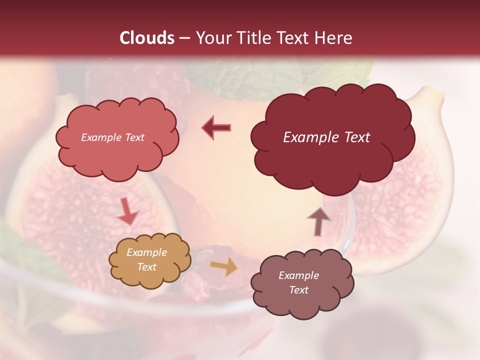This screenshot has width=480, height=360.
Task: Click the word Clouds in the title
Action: (147, 38)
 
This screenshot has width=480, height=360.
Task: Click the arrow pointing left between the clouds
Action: (216, 127)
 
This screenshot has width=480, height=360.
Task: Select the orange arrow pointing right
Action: (224, 266)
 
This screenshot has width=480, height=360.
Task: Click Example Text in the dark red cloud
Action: (326, 137)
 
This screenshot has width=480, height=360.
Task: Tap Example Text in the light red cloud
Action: (112, 137)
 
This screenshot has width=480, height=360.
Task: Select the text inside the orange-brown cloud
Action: (146, 260)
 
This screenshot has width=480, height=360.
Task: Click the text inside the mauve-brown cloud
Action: (298, 282)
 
